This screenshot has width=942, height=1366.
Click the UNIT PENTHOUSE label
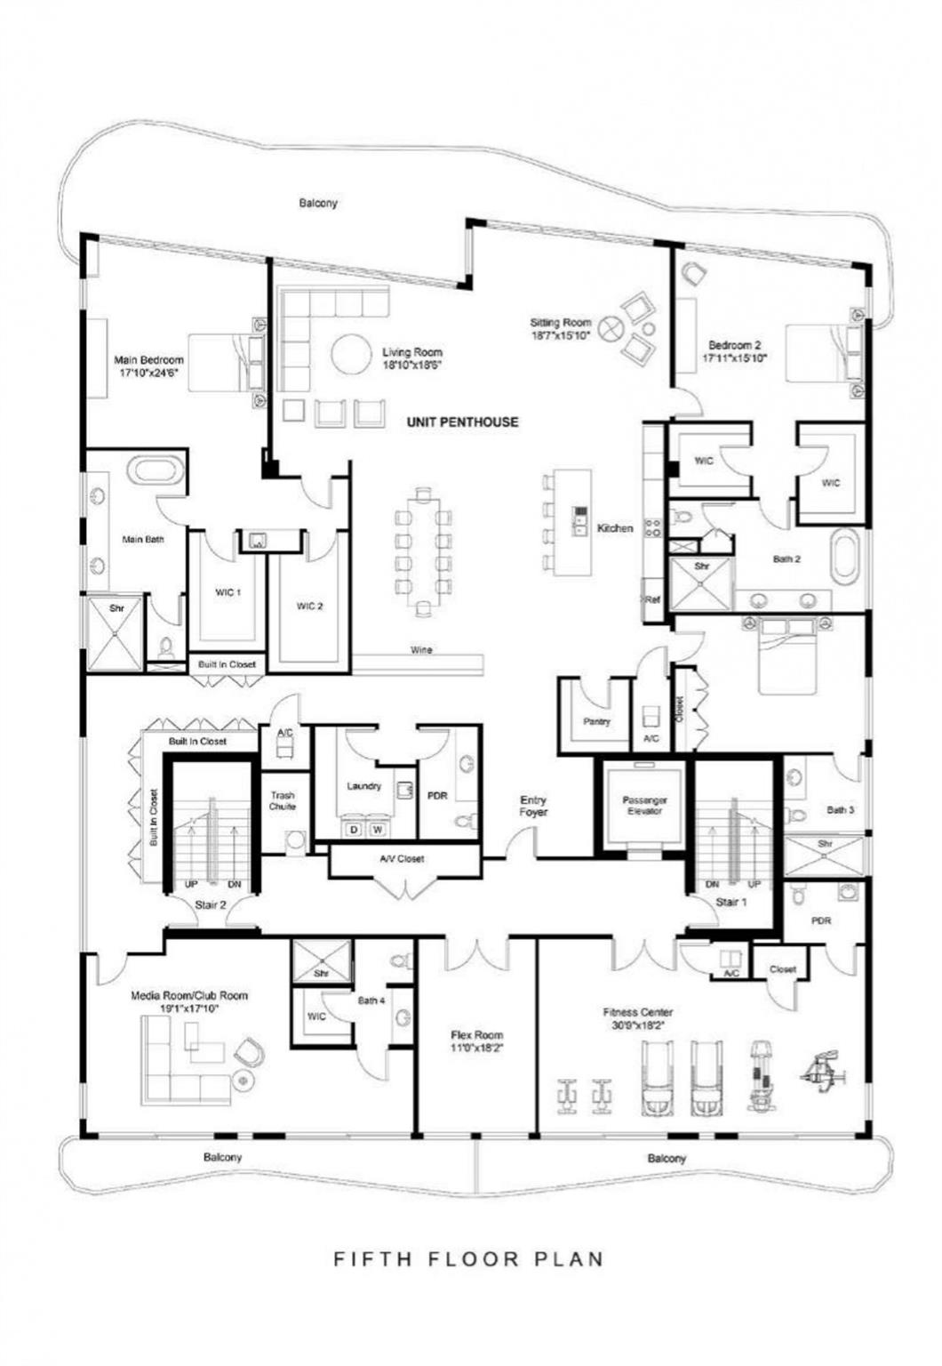point(462,422)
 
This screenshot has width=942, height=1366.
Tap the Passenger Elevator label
point(644,806)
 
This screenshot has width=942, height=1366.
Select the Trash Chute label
point(283,800)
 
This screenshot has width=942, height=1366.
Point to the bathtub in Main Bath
point(156,470)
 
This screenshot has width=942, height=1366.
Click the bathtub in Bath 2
point(844,557)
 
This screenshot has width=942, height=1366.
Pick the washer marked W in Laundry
point(378,830)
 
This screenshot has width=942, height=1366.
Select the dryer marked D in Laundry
point(353,830)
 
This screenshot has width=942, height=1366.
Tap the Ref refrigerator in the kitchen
point(652,599)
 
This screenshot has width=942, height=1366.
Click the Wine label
point(421,650)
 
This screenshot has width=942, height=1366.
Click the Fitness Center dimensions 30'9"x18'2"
point(638,1025)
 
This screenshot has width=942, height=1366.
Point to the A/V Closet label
point(402,859)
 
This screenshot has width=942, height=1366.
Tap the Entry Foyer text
point(533,806)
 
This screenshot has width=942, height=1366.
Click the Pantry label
point(596,721)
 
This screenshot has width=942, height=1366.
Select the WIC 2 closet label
point(309,606)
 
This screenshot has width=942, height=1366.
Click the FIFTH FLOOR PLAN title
point(468,1259)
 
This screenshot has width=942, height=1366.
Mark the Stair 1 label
point(730,903)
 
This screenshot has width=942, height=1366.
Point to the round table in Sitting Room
point(611,329)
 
